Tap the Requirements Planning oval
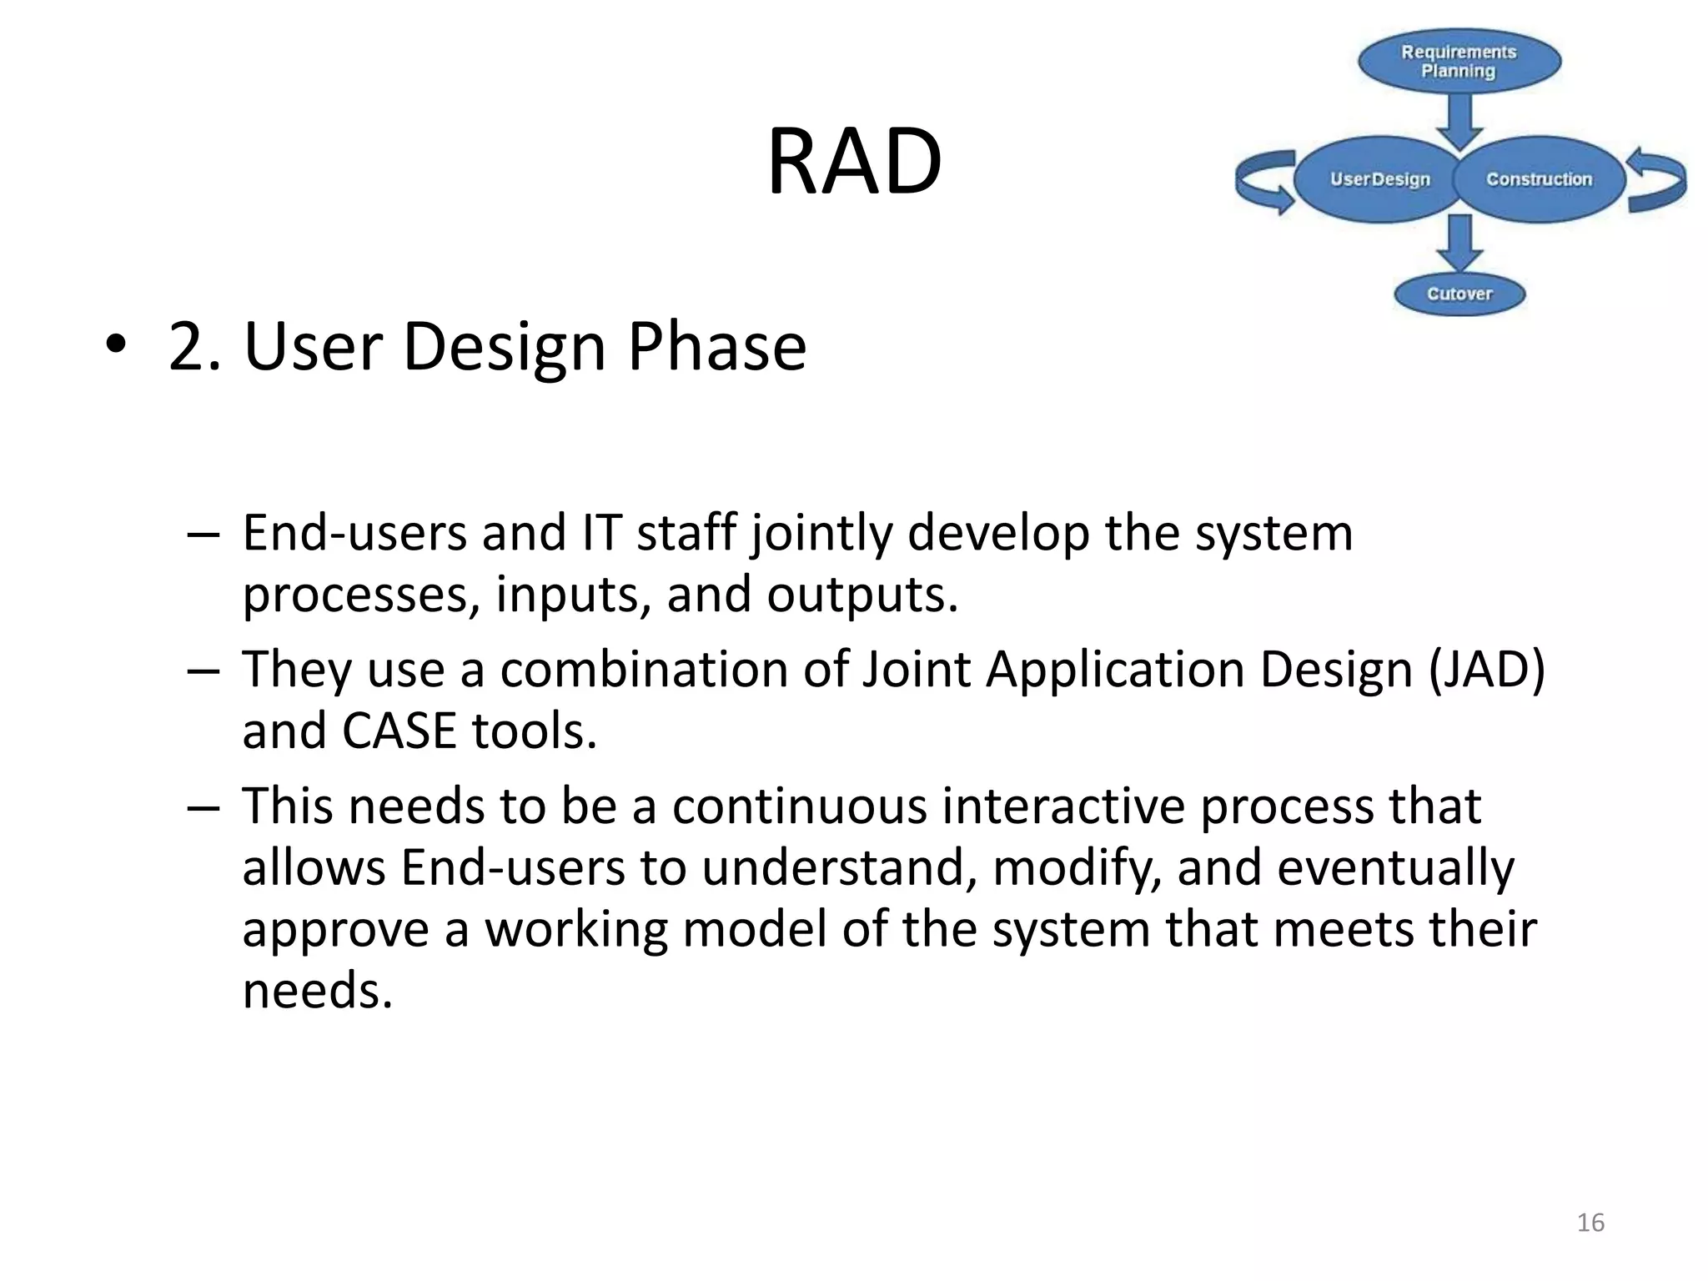[x=1459, y=61]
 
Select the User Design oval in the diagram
[x=1379, y=179]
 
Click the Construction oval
[x=1539, y=179]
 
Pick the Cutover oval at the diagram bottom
[x=1459, y=294]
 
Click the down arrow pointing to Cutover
[x=1459, y=242]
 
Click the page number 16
[x=1590, y=1223]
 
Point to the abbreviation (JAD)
[x=1486, y=669]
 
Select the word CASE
[x=399, y=731]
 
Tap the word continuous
[x=799, y=806]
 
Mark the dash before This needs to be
[x=203, y=808]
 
